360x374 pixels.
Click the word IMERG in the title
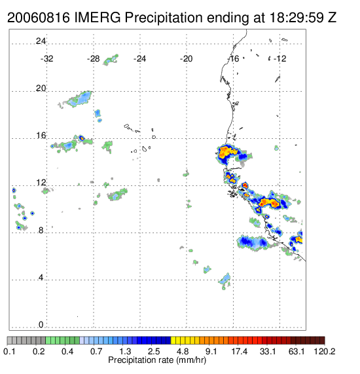[98, 18]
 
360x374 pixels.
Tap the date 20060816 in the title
[39, 18]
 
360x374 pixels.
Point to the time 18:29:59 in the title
[297, 18]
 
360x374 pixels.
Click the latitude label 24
[41, 41]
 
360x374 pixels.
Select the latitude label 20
[41, 88]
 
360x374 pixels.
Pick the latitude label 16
[41, 136]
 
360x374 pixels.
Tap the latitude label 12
[41, 183]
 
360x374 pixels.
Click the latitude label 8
[41, 230]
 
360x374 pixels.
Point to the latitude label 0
[41, 325]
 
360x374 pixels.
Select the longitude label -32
[46, 59]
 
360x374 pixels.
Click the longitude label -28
[93, 59]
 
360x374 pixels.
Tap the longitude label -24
[139, 59]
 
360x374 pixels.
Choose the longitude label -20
[186, 59]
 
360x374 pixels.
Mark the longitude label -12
[280, 59]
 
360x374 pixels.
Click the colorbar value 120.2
[325, 351]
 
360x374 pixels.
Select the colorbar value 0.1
[9, 351]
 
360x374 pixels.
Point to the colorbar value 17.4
[240, 351]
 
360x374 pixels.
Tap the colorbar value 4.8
[183, 351]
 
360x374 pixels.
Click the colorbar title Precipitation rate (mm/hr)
[157, 360]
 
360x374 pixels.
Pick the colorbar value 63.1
[297, 351]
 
